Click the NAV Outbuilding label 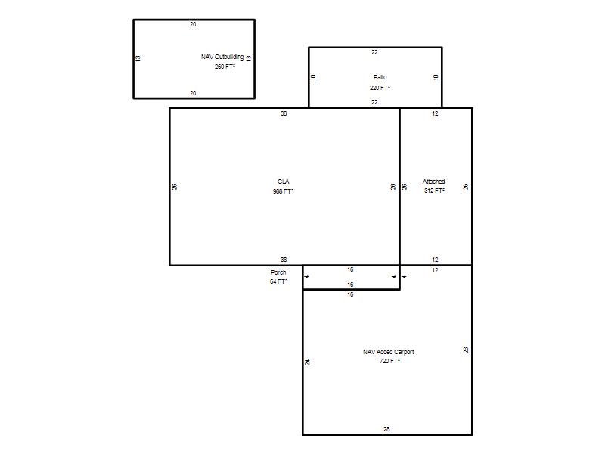tap(222, 57)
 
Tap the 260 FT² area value tap(225, 67)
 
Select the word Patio tap(380, 77)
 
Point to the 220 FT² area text tap(380, 88)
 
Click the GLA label tap(283, 182)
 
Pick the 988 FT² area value tap(283, 191)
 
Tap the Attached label tap(433, 182)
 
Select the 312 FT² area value tap(434, 191)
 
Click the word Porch tap(278, 272)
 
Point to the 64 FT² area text tap(278, 281)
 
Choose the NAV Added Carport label tap(389, 352)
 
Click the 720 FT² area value tap(389, 361)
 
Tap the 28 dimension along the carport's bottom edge tap(386, 429)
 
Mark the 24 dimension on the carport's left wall tap(308, 362)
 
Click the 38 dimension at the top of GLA tap(284, 113)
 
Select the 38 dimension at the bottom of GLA tap(284, 260)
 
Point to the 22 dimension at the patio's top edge tap(374, 52)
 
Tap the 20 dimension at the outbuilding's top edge tap(193, 24)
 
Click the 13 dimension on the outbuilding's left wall tap(138, 58)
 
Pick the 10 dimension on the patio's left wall tap(313, 77)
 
